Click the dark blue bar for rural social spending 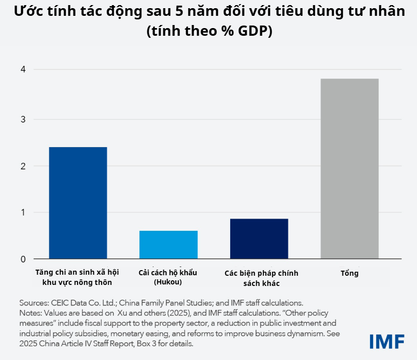[x=78, y=203]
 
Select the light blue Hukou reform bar [x=168, y=245]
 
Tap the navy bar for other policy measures [x=259, y=238]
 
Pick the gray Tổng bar [x=350, y=169]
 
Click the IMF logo [x=387, y=341]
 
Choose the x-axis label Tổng [x=350, y=273]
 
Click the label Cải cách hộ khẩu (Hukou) [x=168, y=277]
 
